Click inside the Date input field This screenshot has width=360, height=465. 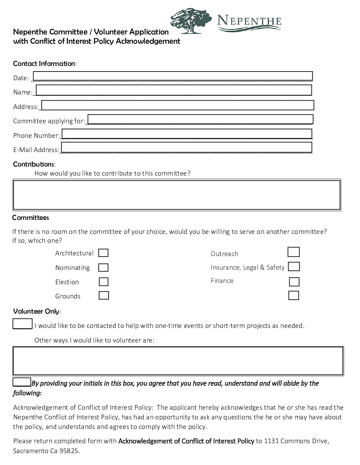(173, 76)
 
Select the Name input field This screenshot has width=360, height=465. (174, 90)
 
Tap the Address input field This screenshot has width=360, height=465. (177, 105)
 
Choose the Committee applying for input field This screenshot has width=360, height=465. (200, 119)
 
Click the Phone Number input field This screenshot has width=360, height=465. (187, 134)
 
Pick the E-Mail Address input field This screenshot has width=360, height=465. (187, 147)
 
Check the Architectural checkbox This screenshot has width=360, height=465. (104, 253)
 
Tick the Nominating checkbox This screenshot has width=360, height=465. (104, 267)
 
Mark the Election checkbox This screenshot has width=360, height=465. (104, 282)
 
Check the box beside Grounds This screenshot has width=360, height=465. (104, 295)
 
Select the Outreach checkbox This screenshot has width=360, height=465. (293, 252)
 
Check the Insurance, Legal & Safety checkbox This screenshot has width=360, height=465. (294, 267)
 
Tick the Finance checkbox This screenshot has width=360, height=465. (294, 282)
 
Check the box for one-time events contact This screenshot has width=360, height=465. (22, 324)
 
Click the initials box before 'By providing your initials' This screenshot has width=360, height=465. (22, 382)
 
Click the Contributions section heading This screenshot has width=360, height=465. (34, 164)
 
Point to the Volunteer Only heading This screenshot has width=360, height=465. (36, 311)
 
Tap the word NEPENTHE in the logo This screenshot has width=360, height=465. (249, 22)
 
